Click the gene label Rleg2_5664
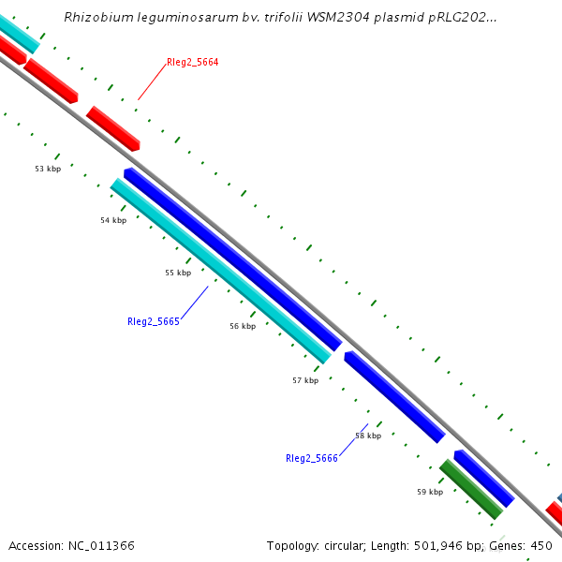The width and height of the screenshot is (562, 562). click(192, 63)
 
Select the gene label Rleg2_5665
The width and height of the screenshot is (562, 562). click(154, 321)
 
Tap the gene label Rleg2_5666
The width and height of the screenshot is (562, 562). click(312, 458)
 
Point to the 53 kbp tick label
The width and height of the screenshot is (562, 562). click(48, 169)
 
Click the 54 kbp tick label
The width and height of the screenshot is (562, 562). click(113, 220)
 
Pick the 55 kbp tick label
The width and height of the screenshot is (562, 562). click(178, 273)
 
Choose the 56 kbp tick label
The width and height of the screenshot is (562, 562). click(243, 326)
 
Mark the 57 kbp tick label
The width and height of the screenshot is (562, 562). click(305, 380)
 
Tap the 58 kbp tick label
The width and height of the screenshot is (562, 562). click(368, 436)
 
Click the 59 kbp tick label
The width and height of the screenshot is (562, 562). click(430, 491)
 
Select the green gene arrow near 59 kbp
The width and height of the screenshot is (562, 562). click(471, 489)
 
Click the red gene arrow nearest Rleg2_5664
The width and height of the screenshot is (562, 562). click(113, 128)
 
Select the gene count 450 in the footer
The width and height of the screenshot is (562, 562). click(541, 545)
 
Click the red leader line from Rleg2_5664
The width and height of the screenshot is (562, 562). click(153, 82)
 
